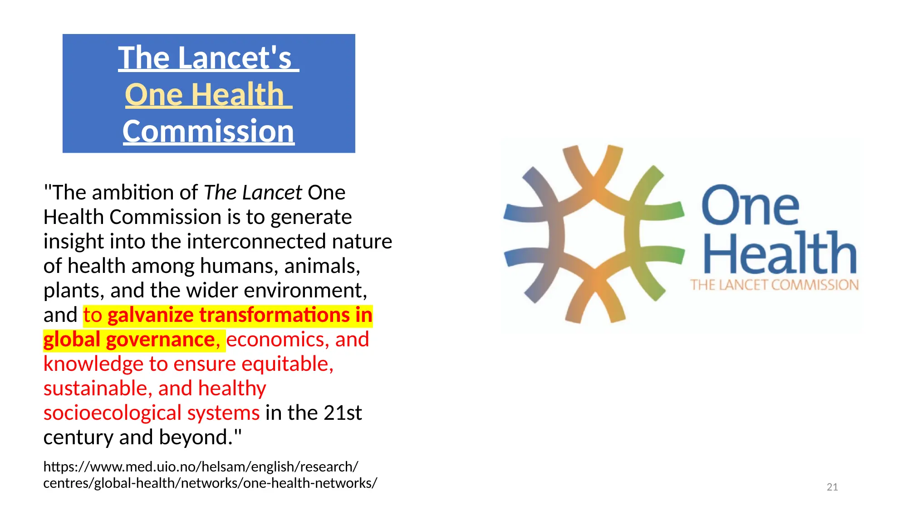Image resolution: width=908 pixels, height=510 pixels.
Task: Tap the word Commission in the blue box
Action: [208, 131]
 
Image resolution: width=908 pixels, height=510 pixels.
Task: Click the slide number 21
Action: [832, 487]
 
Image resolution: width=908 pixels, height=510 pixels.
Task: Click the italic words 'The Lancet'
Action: [253, 193]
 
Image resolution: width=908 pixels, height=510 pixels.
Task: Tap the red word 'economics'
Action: [278, 340]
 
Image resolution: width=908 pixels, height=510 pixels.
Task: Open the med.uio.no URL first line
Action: [201, 466]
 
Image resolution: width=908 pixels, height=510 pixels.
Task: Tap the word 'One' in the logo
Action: [750, 205]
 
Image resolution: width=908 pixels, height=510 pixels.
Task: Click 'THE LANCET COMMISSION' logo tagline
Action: [775, 285]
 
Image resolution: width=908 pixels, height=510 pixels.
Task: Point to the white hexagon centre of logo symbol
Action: [594, 235]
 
